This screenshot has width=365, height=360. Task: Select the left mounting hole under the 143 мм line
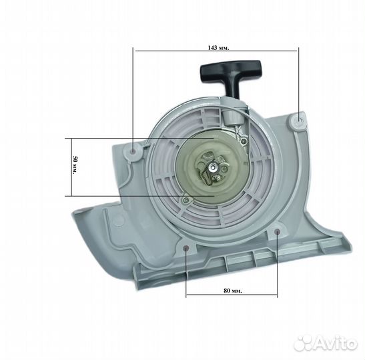pyautogui.click(x=134, y=152)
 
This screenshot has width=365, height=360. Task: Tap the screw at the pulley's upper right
pyautogui.click(x=245, y=141)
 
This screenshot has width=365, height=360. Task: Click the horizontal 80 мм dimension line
pyautogui.click(x=230, y=296)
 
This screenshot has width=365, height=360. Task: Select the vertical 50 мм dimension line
pyautogui.click(x=68, y=167)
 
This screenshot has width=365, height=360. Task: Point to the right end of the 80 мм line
pyautogui.click(x=276, y=296)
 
